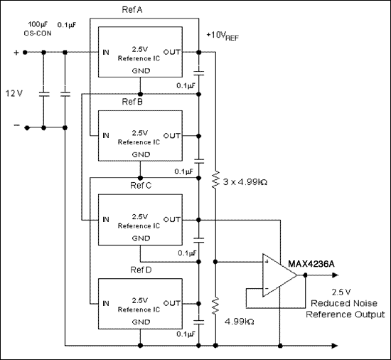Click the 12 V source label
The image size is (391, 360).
click(x=15, y=93)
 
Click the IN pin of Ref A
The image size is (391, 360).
click(x=105, y=51)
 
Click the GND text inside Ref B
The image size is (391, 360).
click(x=141, y=154)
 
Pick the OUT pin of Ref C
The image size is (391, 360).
click(x=173, y=220)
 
